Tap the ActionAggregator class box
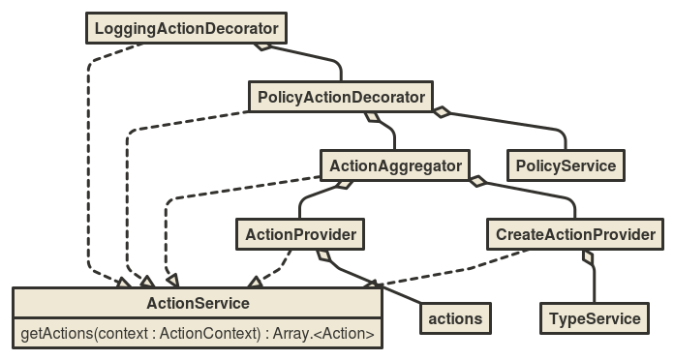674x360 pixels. [x=395, y=165]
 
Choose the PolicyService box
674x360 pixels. [x=566, y=165]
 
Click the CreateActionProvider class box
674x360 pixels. [x=575, y=233]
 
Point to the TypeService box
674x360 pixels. [x=595, y=317]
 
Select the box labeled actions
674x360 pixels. [x=455, y=317]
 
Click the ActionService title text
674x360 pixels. [x=198, y=304]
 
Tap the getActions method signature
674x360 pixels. [x=198, y=335]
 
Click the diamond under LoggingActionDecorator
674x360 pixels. [x=260, y=45]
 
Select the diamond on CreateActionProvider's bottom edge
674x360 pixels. [x=587, y=256]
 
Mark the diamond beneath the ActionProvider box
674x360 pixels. [x=324, y=256]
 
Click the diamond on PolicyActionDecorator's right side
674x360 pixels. [x=441, y=112]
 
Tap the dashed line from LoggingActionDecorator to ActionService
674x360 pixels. [x=88, y=174]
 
